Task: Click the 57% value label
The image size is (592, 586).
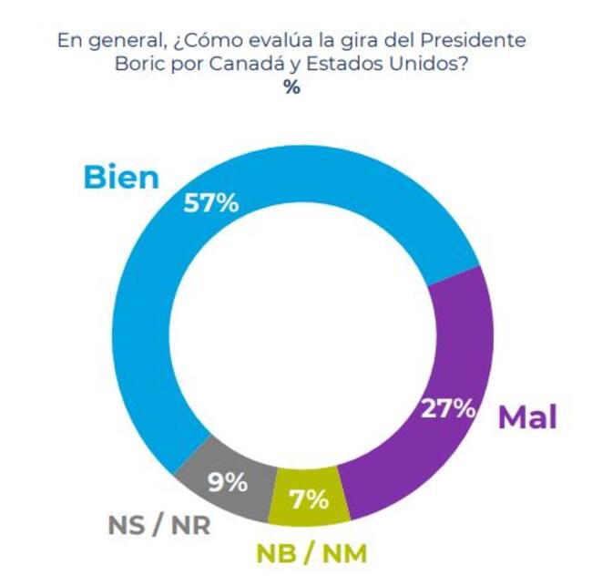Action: point(210,202)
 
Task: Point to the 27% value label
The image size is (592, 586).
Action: point(448,407)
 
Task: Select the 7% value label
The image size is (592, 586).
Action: point(310,498)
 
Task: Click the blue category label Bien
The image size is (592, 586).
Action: point(120,177)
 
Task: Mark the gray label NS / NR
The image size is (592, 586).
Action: point(156,526)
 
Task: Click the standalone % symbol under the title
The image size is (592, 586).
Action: point(291,88)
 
